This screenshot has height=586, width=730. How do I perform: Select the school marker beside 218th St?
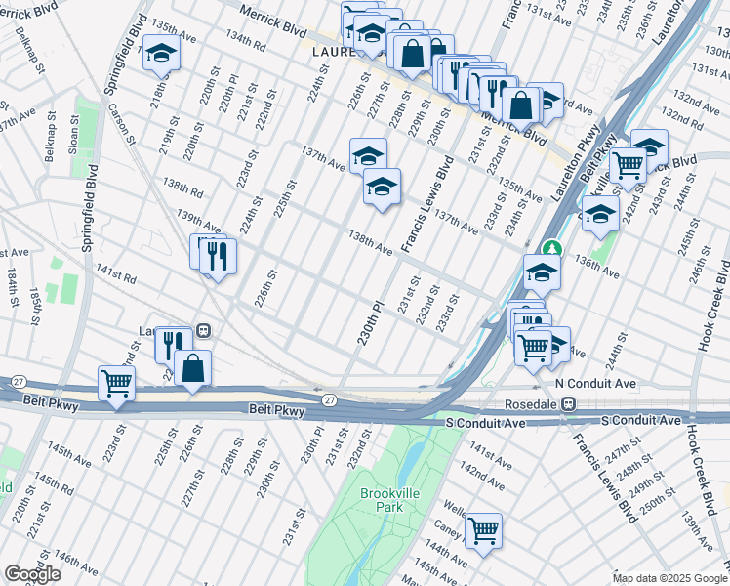161,55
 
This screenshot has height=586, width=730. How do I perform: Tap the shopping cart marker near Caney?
484,529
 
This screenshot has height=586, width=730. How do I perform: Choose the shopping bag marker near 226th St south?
194,367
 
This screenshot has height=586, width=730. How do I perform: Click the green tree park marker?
552,250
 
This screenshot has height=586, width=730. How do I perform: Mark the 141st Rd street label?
115,276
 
